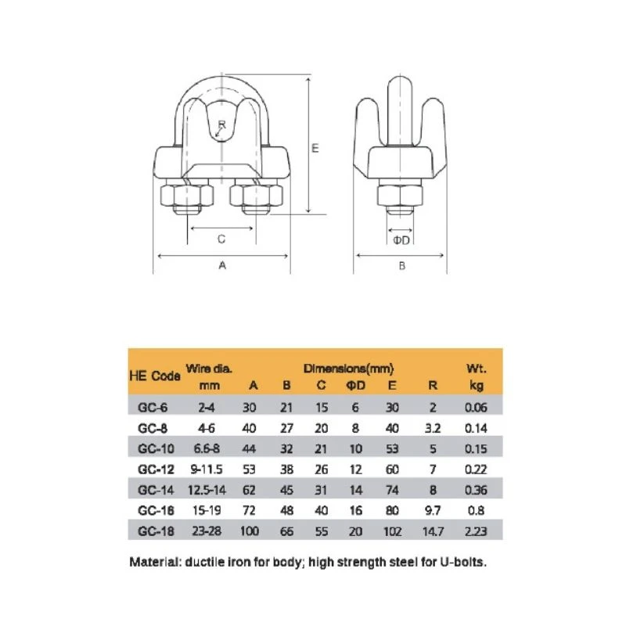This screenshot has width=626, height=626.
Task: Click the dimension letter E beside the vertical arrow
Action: coord(315,148)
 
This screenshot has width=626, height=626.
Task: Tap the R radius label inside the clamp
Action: coord(222,124)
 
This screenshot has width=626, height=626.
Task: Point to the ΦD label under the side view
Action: coord(401,240)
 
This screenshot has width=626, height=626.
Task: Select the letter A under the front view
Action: coord(222,265)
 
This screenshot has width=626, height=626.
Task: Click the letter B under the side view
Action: coord(402,265)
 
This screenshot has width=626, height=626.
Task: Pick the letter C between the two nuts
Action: coord(221,239)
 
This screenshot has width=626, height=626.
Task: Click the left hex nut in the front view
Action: coord(186,195)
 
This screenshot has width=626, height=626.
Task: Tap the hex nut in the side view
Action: coord(400,195)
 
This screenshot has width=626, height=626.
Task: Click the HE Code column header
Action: coord(155,376)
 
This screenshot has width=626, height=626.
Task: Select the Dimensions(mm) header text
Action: coord(348,368)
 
